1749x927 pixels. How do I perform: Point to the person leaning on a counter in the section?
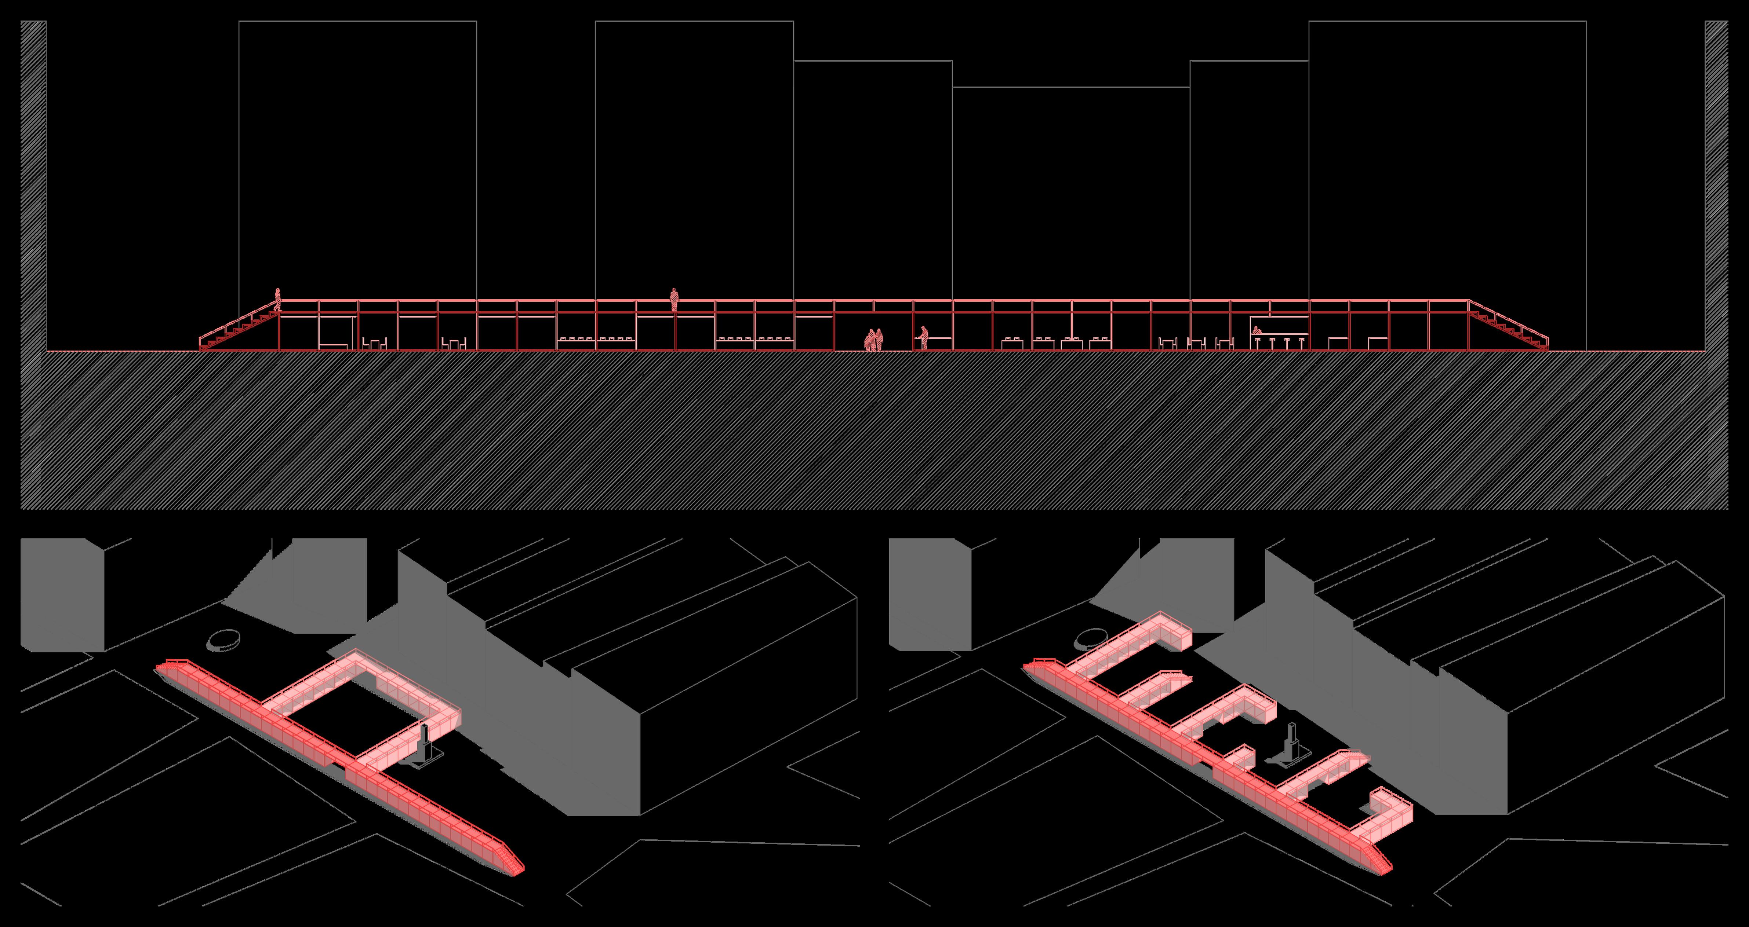[923, 337]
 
